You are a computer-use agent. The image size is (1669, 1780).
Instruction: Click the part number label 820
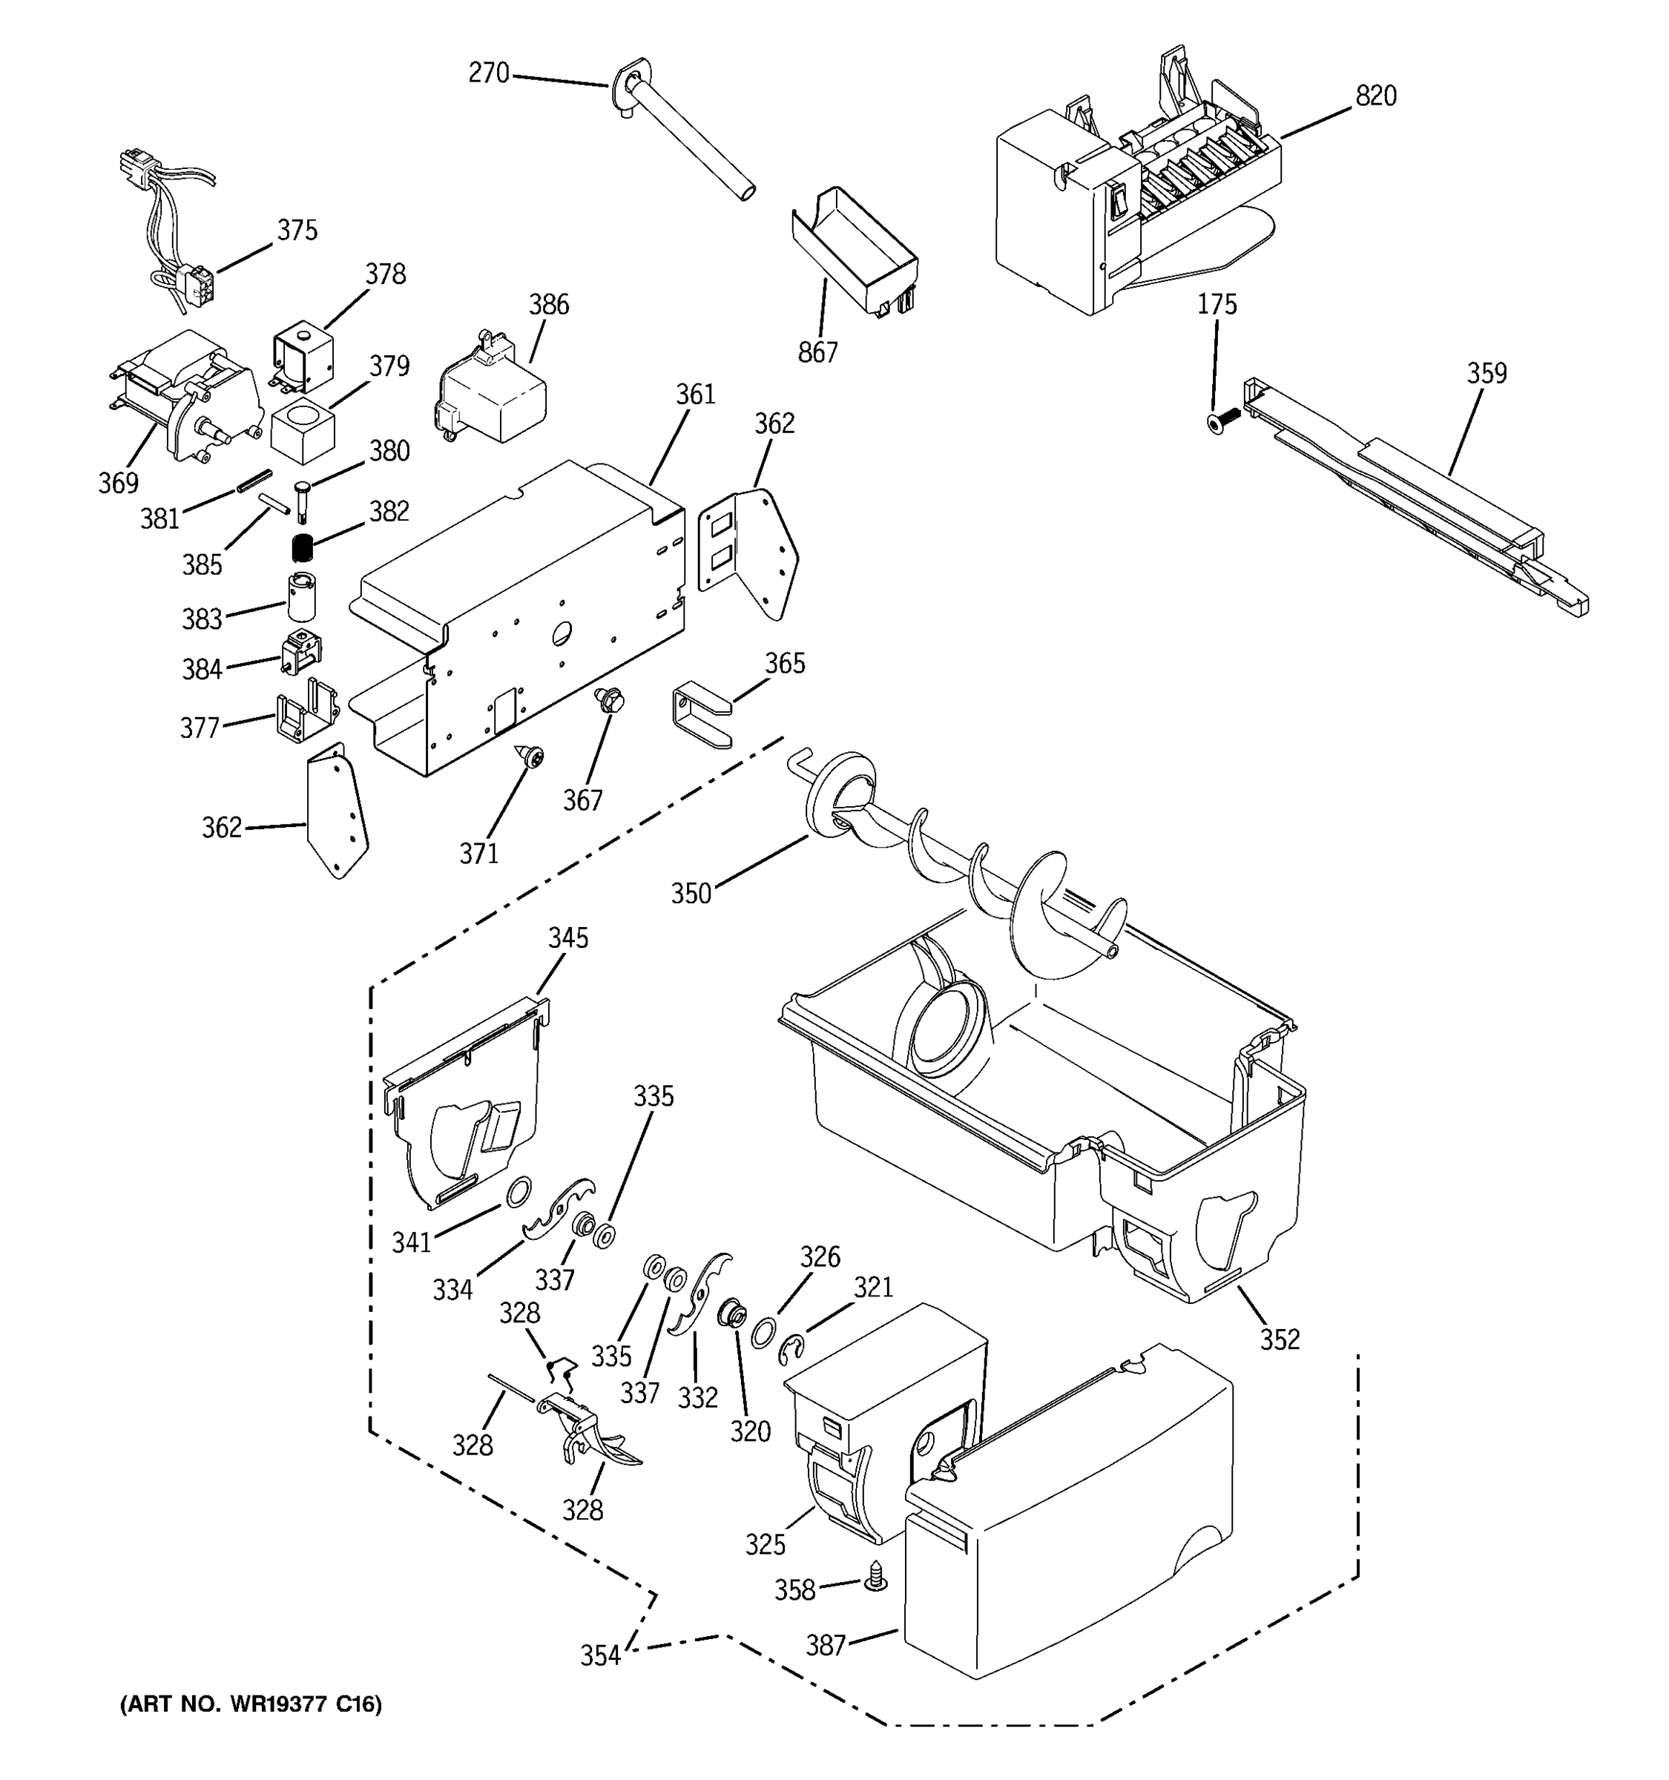1375,96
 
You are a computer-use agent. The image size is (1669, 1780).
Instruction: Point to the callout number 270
489,73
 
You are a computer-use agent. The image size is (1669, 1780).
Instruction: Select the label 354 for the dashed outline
600,1655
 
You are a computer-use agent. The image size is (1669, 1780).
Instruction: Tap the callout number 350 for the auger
691,893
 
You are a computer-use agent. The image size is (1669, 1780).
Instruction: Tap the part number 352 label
1280,1339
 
